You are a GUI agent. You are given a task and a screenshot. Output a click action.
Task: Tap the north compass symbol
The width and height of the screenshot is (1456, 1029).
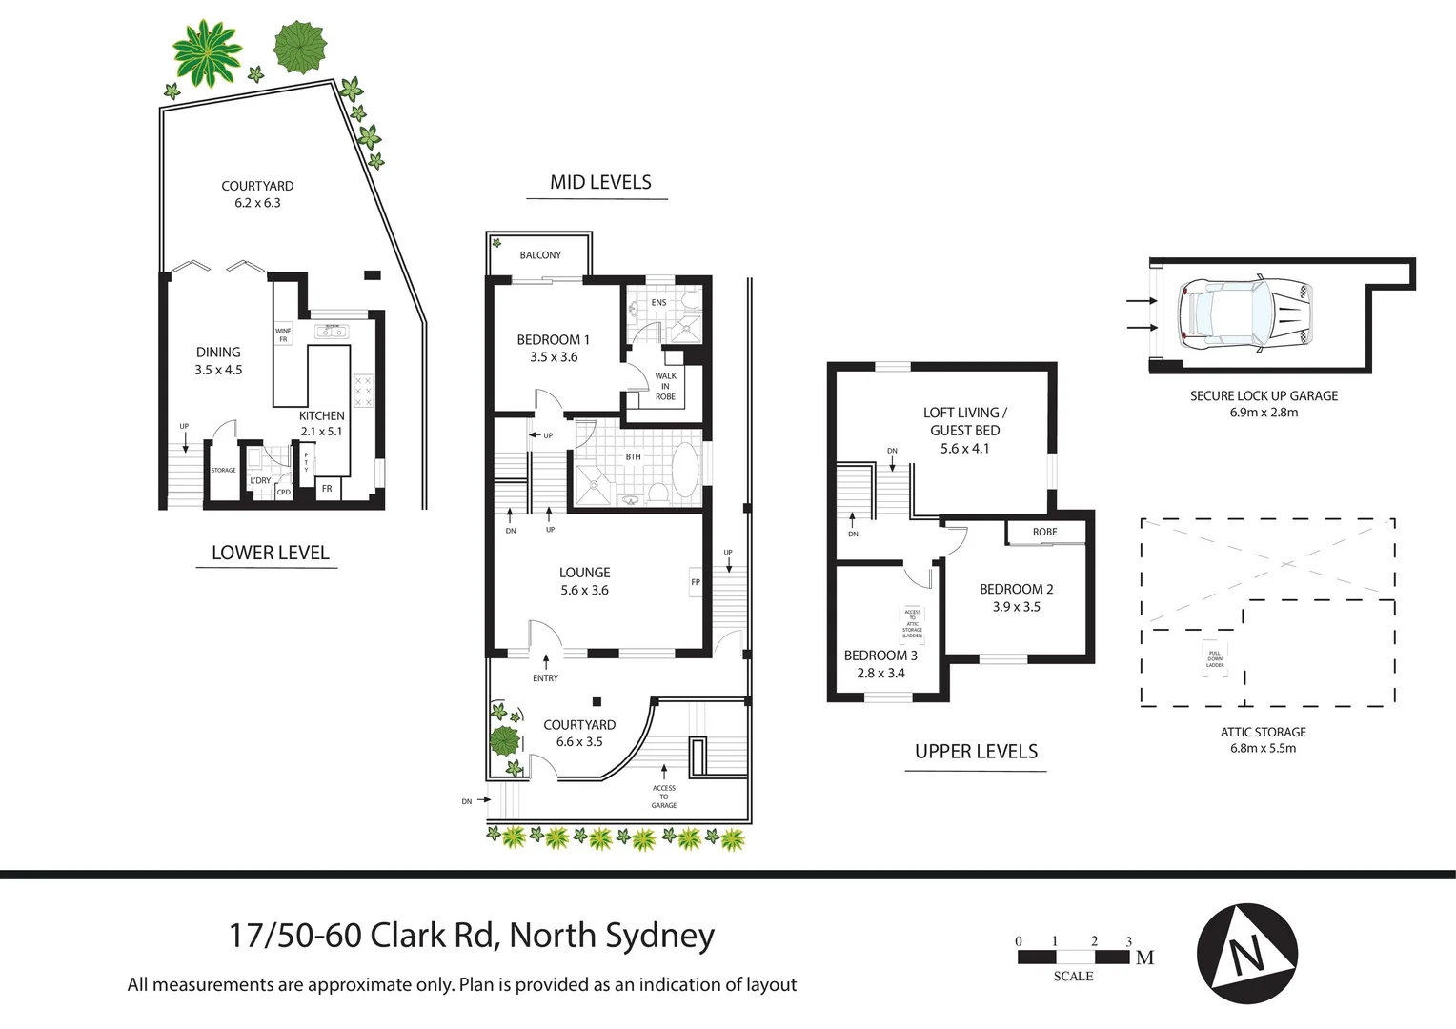(1246, 953)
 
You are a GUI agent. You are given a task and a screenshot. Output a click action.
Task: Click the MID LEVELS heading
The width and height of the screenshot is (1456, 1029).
(600, 183)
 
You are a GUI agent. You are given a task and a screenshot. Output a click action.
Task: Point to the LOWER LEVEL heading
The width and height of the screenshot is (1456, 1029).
(270, 553)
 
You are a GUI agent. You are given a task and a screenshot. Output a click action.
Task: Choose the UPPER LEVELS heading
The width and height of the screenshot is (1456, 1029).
(976, 752)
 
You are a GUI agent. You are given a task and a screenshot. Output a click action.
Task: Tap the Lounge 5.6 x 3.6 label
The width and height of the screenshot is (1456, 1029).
(584, 581)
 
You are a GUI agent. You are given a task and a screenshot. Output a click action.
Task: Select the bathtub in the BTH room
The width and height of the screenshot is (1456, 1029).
(684, 472)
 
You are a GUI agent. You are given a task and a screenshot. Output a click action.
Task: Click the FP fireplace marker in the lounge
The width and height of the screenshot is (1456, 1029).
(696, 582)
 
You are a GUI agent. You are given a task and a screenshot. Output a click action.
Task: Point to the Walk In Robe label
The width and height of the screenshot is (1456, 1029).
(665, 386)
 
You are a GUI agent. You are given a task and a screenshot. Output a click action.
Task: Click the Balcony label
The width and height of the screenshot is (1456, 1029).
(540, 255)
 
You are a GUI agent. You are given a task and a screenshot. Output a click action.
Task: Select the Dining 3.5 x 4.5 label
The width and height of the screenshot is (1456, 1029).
(218, 360)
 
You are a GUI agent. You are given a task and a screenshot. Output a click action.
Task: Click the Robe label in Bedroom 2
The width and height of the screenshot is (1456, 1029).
(1044, 532)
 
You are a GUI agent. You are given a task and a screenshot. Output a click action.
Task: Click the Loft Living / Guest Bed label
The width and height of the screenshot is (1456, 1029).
(964, 430)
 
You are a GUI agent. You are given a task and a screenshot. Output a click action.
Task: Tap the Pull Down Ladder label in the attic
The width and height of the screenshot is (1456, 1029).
(1215, 658)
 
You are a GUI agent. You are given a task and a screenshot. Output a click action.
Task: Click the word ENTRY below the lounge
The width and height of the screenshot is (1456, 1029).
(545, 678)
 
